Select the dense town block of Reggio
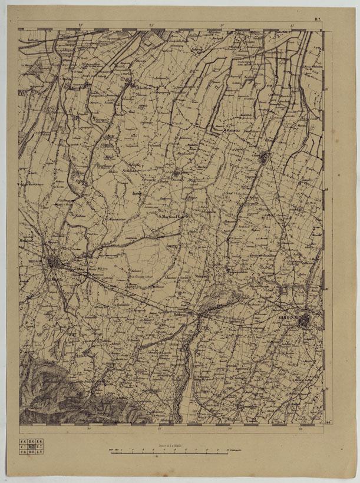pos(55,263)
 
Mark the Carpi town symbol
pos(263,157)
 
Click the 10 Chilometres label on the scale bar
pos(235,452)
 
